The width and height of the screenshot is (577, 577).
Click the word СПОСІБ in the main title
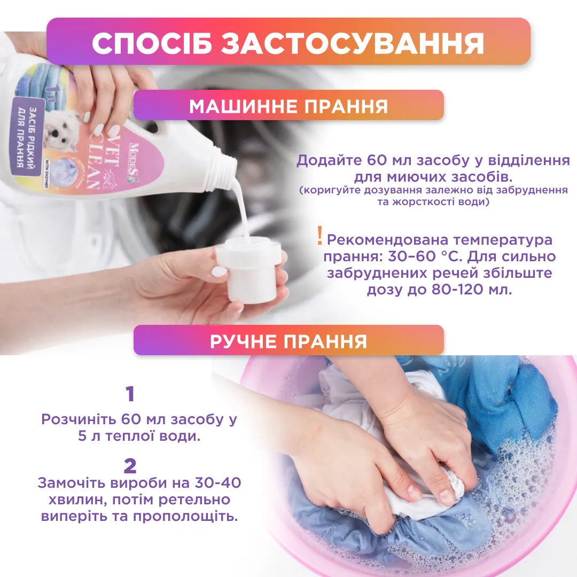(x=152, y=43)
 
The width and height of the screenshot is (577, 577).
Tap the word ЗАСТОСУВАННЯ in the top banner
(x=353, y=43)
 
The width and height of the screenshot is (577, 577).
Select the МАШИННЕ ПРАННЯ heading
(x=288, y=106)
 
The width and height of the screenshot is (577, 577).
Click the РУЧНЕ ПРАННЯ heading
(x=288, y=341)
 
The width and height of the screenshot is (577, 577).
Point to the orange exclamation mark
(x=320, y=236)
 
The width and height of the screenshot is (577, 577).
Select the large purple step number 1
(x=130, y=394)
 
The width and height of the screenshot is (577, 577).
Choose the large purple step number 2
(x=130, y=466)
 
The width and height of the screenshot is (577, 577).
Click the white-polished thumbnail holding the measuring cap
(x=220, y=271)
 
